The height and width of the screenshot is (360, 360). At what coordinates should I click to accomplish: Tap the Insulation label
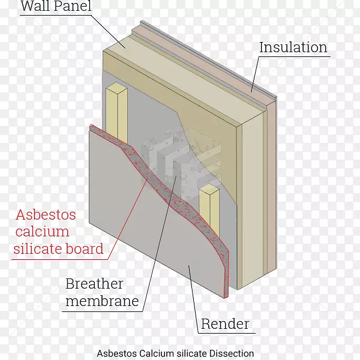(x=293, y=47)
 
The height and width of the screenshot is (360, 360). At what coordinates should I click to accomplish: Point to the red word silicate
(x=36, y=248)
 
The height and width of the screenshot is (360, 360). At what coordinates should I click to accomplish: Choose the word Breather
(x=94, y=284)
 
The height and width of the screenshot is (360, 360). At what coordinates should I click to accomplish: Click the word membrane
(x=101, y=301)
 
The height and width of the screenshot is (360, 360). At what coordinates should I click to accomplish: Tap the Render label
(x=225, y=325)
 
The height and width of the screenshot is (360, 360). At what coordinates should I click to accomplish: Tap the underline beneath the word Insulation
(x=293, y=57)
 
